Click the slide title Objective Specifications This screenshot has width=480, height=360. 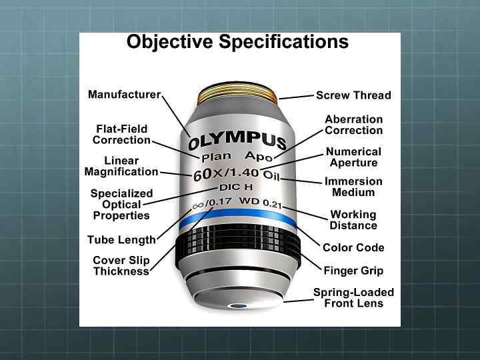pos(237,42)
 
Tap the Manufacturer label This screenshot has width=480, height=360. pos(124,95)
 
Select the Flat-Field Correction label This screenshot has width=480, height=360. pos(121,134)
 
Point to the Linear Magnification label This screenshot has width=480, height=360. pos(121,166)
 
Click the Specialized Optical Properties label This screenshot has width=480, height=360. pos(121,205)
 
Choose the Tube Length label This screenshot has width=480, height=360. pos(121,239)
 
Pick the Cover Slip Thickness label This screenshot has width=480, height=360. pos(121,265)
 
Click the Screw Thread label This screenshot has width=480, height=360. pos(353,95)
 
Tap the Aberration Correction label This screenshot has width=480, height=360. pos(353,125)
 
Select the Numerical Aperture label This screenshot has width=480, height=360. pos(353,157)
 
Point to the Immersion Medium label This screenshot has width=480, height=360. pos(353,187)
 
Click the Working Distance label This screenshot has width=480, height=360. pos(353,220)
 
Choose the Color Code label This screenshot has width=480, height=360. pos(353,247)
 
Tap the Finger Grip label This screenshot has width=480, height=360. pos(353,271)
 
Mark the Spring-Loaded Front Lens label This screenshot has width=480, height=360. pos(353,297)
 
